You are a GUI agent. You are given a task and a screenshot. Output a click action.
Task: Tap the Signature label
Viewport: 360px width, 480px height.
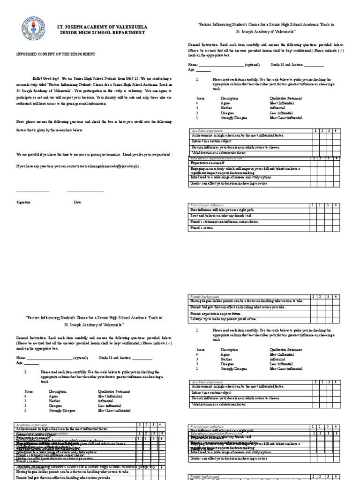tap(23, 202)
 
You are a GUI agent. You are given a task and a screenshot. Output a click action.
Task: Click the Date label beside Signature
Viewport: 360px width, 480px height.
tap(77, 202)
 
